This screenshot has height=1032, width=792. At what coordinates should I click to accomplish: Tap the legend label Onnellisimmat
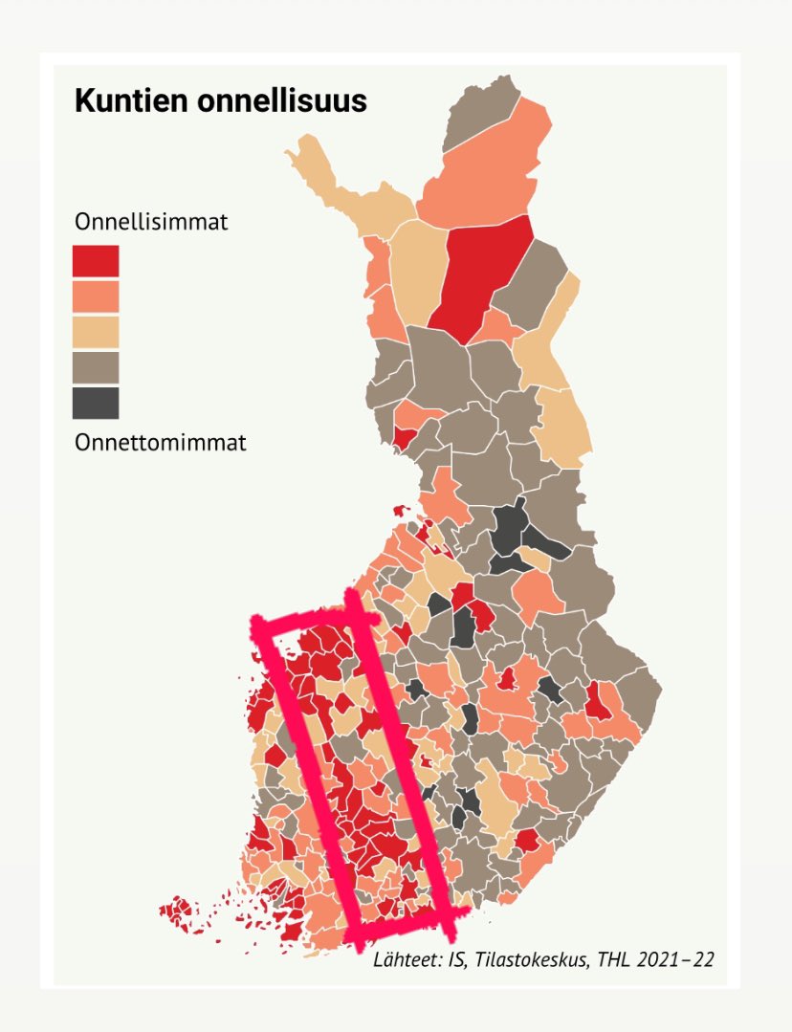click(151, 222)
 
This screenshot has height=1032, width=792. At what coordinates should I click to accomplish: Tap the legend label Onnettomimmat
click(160, 443)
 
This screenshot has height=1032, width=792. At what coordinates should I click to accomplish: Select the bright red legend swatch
click(96, 260)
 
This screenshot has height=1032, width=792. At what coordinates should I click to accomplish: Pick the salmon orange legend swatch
click(96, 296)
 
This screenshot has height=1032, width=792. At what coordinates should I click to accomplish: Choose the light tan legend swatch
click(96, 331)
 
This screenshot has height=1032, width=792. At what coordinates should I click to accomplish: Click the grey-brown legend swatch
click(96, 366)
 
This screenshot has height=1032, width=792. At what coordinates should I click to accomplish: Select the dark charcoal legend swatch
click(96, 402)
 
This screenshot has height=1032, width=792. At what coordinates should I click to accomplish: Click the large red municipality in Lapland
click(483, 277)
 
